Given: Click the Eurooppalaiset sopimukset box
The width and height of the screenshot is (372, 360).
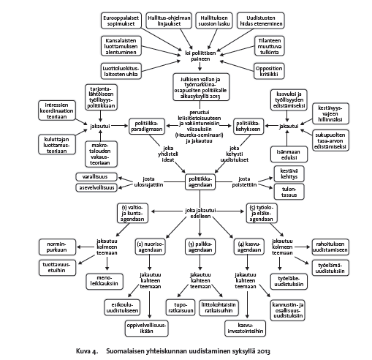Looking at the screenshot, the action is tap(121, 20).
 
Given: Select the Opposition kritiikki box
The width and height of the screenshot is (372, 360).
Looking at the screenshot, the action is tap(269, 71).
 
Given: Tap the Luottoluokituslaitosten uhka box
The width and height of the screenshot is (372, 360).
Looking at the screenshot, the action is tap(121, 71).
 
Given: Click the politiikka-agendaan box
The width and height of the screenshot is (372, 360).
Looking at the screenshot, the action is tap(200, 181).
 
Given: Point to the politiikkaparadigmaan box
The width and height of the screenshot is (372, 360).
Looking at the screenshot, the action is tap(147, 126).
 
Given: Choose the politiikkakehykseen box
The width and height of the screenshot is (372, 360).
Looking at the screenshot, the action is tap(248, 126).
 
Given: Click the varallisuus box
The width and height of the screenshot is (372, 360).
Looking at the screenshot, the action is tap(96, 176).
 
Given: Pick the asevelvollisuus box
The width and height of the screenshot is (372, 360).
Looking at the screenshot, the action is tap(96, 187).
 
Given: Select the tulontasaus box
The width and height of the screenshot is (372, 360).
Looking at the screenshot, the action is tap(289, 192).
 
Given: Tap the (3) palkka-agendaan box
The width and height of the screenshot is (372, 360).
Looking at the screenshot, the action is tap(200, 247).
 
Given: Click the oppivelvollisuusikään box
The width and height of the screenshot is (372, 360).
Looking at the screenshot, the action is tap(147, 329).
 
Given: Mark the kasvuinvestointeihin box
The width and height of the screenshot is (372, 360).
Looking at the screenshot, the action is tap(246, 329).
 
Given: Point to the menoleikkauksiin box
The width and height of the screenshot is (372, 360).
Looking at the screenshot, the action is tap(105, 281).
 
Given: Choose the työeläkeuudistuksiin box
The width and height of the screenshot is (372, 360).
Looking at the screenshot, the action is tap(289, 281).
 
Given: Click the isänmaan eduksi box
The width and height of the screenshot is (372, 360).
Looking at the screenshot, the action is tap(289, 154).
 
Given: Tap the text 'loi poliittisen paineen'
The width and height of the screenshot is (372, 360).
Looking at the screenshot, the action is tap(200, 56).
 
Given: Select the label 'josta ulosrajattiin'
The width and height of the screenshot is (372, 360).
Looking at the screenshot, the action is tap(148, 181).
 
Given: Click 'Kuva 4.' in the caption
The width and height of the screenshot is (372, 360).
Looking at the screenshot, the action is tap(87, 351).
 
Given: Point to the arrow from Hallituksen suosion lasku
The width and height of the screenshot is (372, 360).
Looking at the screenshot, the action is tap(213, 39).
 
